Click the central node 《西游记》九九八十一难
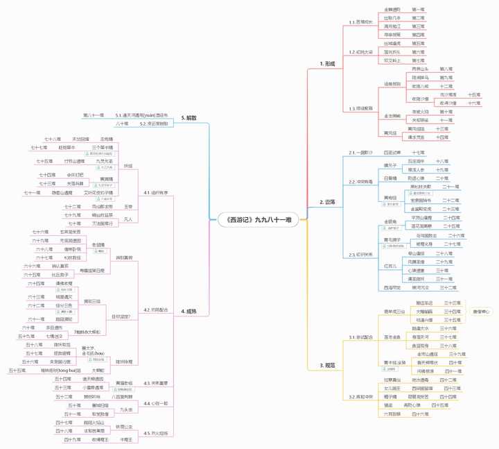[254, 219]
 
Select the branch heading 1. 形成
[327, 63]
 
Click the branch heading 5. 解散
[188, 119]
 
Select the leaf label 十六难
[474, 102]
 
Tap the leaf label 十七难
[419, 152]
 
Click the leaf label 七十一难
[33, 192]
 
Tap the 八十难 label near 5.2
[122, 124]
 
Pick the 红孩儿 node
[391, 266]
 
